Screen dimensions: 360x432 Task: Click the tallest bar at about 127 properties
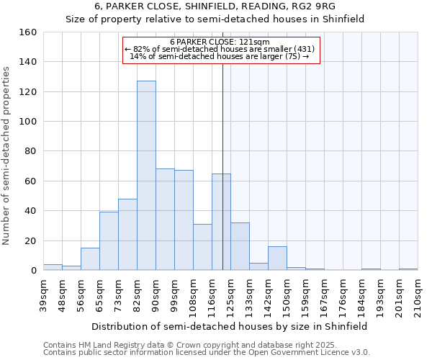click(146, 176)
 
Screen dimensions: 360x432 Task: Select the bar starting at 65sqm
click(109, 241)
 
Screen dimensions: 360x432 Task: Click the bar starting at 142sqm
click(277, 258)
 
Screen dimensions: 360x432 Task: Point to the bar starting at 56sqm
click(90, 259)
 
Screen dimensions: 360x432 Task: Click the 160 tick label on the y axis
click(28, 32)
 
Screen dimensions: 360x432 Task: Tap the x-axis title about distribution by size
click(230, 326)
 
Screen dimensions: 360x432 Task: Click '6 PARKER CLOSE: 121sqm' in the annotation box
click(220, 42)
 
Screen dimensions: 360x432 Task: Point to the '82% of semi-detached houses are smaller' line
click(220, 49)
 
